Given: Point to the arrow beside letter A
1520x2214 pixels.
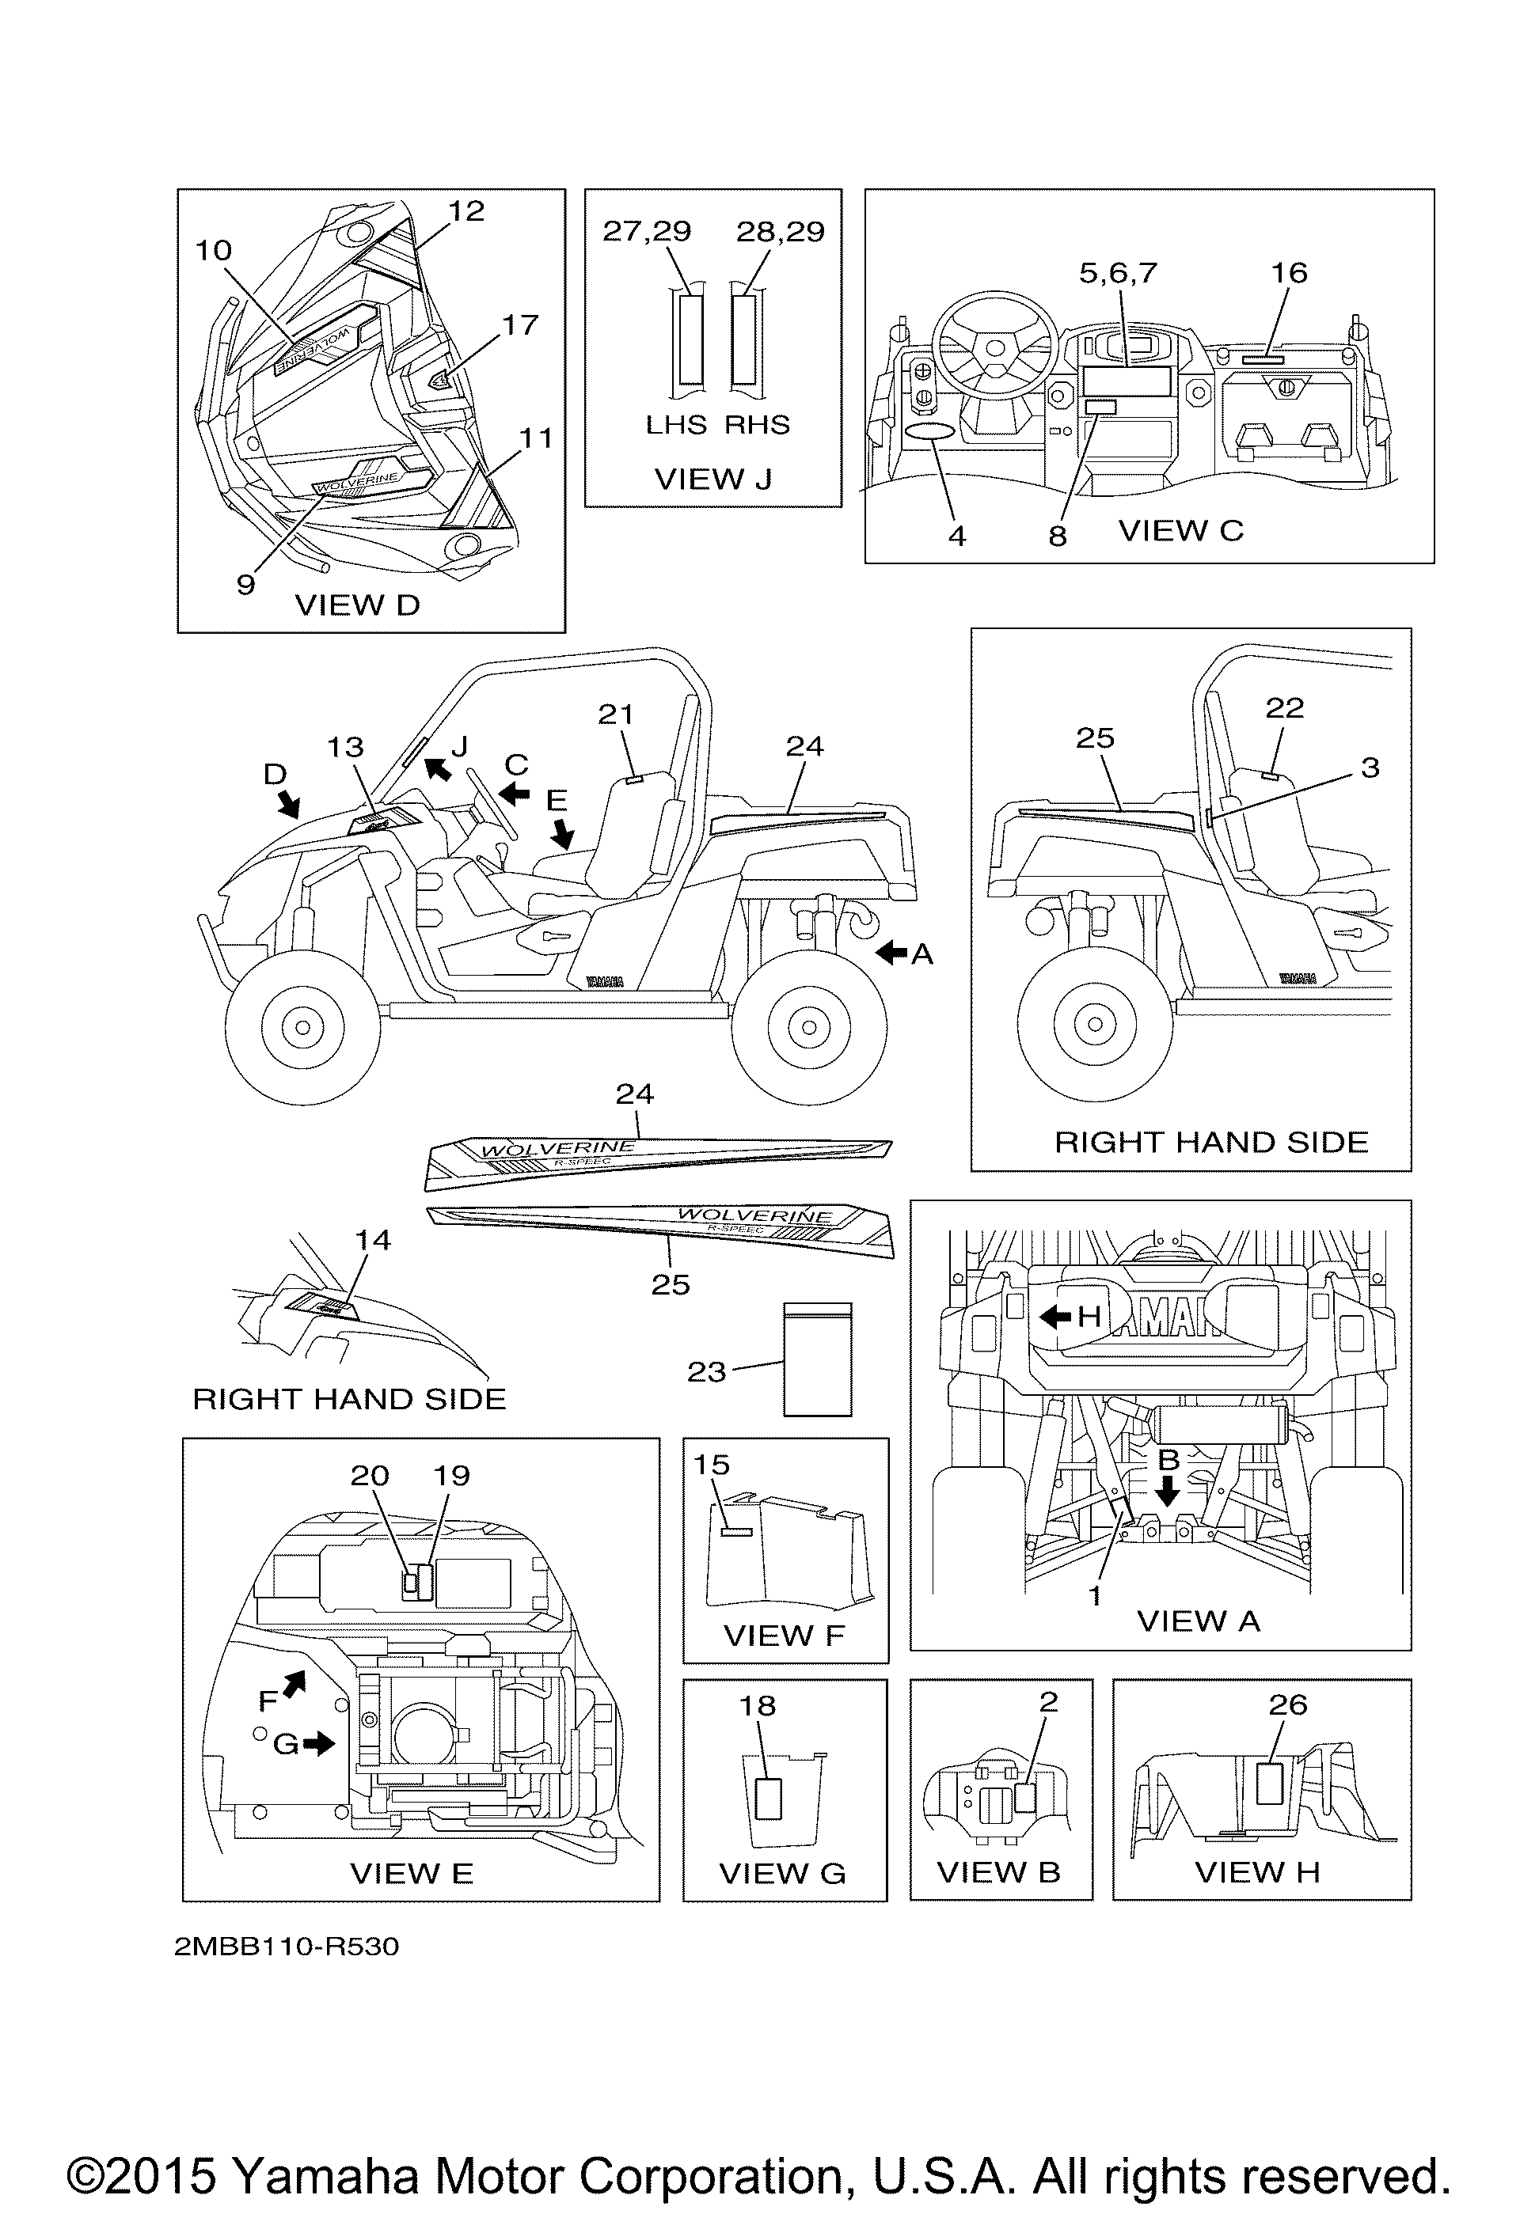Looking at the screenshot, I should (x=892, y=953).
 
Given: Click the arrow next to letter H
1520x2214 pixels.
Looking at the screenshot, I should (x=1056, y=1317).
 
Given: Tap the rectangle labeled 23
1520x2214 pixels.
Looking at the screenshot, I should (x=817, y=1359).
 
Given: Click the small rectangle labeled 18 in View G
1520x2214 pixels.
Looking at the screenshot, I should (x=768, y=1799).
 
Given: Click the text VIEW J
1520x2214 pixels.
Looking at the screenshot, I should (x=712, y=480).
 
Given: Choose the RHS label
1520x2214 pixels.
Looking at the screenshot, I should (x=758, y=425).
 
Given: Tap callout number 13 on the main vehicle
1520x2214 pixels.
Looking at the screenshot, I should (x=345, y=748).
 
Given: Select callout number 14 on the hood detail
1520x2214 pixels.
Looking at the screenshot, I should (x=373, y=1241).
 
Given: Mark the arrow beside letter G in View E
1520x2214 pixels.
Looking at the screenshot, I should (x=324, y=1743).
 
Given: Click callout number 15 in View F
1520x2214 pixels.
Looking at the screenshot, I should (x=712, y=1465).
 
